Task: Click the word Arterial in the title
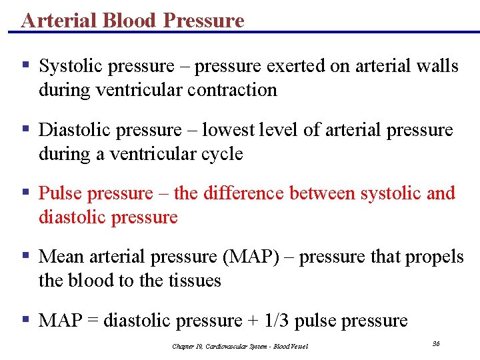point(59,20)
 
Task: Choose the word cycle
point(223,154)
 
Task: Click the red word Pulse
point(60,193)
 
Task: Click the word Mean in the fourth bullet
point(59,257)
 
